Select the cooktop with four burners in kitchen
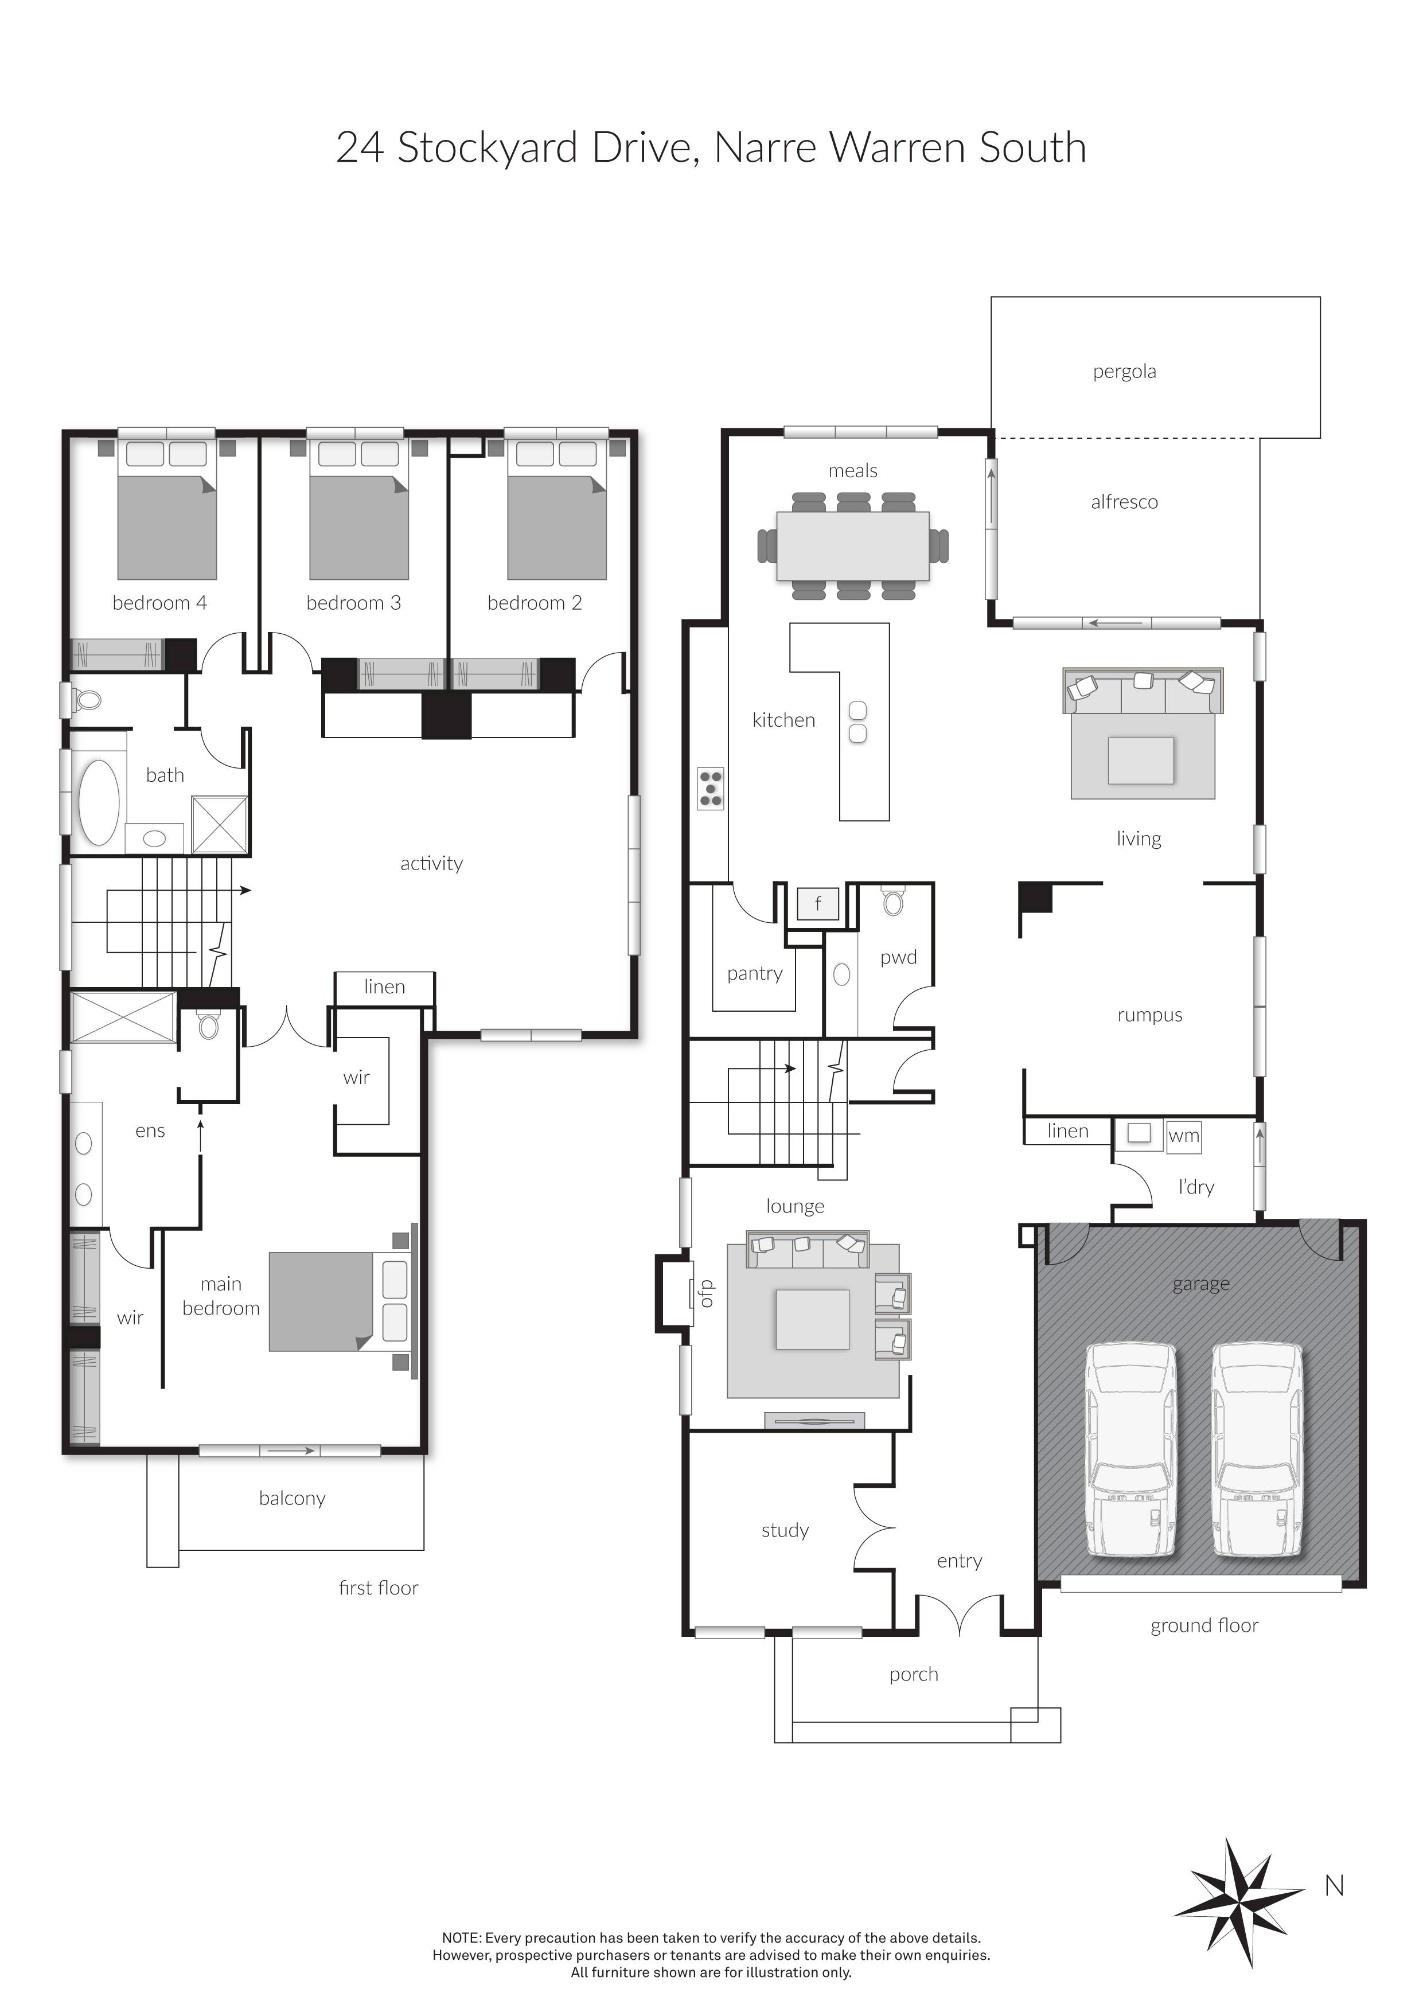[x=711, y=788]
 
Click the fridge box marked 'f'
[x=817, y=903]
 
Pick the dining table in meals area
[x=852, y=546]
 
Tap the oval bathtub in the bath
[x=99, y=802]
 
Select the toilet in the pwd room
[x=893, y=902]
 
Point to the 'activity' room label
[x=431, y=863]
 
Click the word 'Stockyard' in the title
[x=488, y=147]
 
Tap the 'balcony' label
[x=292, y=1499]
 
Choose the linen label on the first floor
[x=385, y=986]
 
